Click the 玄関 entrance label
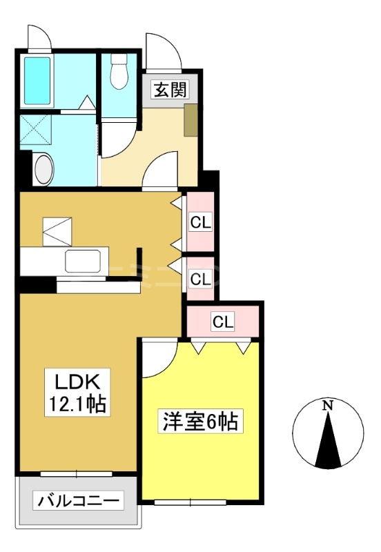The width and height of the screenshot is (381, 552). pos(170,90)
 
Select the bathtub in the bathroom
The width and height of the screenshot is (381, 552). pos(37,81)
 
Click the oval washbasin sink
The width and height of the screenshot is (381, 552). pos(44,169)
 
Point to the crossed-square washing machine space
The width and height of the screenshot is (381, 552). pos(36,129)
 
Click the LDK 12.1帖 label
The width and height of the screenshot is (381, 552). pos(77,392)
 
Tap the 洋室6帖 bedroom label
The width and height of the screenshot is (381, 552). pos(200,421)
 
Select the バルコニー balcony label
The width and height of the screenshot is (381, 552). pos(79,500)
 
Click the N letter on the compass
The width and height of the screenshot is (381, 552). pos(328,406)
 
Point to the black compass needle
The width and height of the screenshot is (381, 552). pos(328,440)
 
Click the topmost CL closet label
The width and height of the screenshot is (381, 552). pos(200,223)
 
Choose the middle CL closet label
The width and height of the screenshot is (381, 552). pos(200,279)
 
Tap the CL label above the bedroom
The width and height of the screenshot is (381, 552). pos(223,322)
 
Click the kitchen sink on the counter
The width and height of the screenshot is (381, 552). pos(82,261)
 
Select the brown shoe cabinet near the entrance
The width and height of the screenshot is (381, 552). pos(191,119)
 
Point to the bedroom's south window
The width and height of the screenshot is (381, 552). pos(190,502)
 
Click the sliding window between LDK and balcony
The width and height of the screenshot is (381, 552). pos(77,474)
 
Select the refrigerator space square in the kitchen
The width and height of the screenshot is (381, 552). pos(57,232)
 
